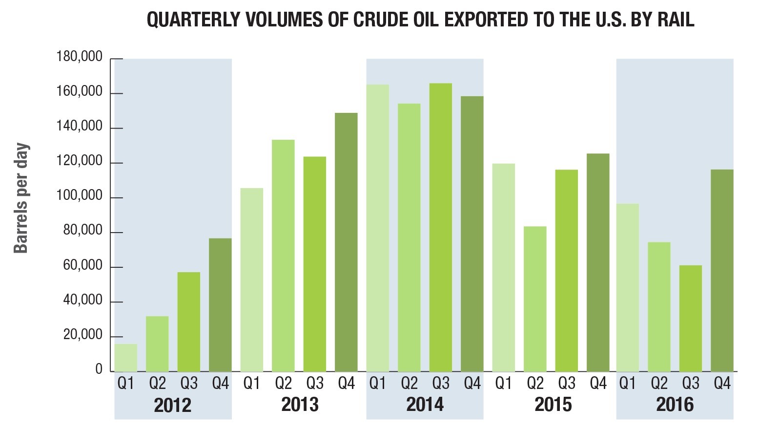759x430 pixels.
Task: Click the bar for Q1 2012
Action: (x=126, y=358)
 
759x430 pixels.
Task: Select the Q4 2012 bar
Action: (x=220, y=305)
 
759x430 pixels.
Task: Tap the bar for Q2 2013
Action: (x=283, y=256)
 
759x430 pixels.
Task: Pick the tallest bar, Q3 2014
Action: (x=441, y=228)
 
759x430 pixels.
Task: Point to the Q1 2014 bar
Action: (x=378, y=228)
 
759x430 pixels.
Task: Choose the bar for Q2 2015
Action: (x=535, y=299)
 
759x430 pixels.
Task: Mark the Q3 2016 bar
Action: (x=690, y=319)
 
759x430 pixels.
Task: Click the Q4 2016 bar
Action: (x=722, y=271)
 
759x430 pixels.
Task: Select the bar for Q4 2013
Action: (x=346, y=242)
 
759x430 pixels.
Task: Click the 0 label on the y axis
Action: (x=99, y=369)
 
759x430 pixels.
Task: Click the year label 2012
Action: (x=173, y=405)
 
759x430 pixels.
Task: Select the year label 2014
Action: (x=425, y=405)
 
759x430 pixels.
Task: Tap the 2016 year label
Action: (x=675, y=405)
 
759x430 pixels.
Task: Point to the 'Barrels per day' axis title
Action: (x=21, y=198)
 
